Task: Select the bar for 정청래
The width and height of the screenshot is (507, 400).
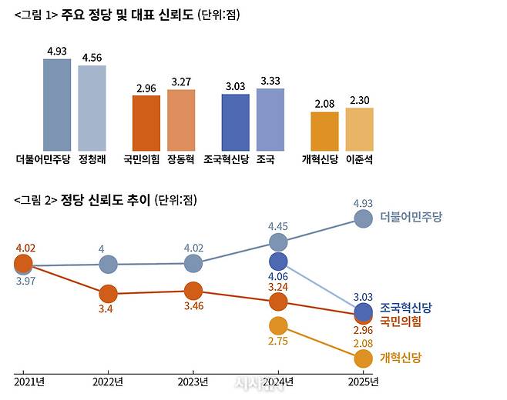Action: click(92, 108)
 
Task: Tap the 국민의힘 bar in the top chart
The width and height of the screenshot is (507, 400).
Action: click(141, 123)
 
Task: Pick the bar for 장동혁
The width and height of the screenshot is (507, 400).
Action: click(181, 120)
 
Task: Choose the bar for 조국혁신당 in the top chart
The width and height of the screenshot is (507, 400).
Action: click(235, 122)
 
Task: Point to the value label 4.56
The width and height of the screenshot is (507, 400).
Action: click(92, 57)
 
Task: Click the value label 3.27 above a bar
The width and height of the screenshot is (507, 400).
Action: click(181, 82)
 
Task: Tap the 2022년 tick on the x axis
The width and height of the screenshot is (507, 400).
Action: click(108, 382)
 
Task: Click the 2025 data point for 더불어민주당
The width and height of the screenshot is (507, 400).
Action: click(363, 218)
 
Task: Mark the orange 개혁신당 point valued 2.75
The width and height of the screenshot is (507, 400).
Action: click(278, 326)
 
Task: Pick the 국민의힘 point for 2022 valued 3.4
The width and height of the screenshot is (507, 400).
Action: click(109, 294)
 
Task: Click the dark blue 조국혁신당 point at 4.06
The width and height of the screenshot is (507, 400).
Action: click(278, 262)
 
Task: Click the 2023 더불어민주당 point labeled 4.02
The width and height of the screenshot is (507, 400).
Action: click(193, 264)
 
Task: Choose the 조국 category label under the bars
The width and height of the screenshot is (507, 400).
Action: click(267, 160)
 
